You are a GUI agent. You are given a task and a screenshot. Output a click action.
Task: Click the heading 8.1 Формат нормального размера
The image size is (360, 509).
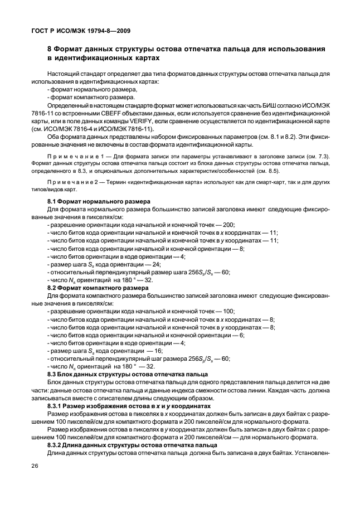pyautogui.click(x=94, y=201)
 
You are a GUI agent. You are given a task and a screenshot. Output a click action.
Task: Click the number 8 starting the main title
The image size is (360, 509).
pyautogui.click(x=50, y=50)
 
